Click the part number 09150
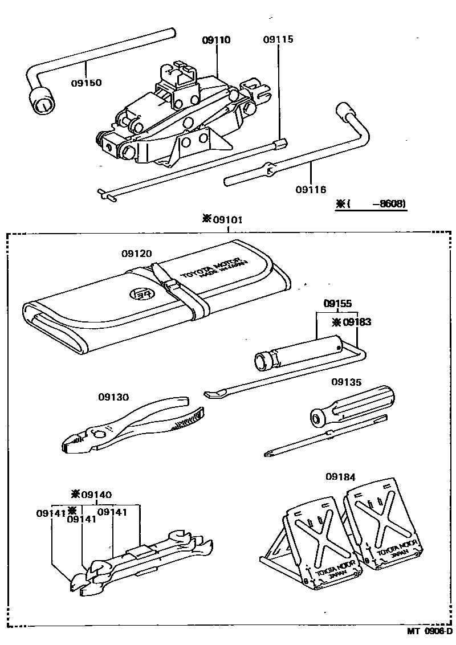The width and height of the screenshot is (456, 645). [86, 83]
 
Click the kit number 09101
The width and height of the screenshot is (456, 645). [227, 219]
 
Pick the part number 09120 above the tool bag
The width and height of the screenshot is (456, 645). [136, 253]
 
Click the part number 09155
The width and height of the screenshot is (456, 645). [338, 305]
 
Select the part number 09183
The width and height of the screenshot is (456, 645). [356, 322]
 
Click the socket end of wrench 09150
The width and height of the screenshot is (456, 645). [42, 103]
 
